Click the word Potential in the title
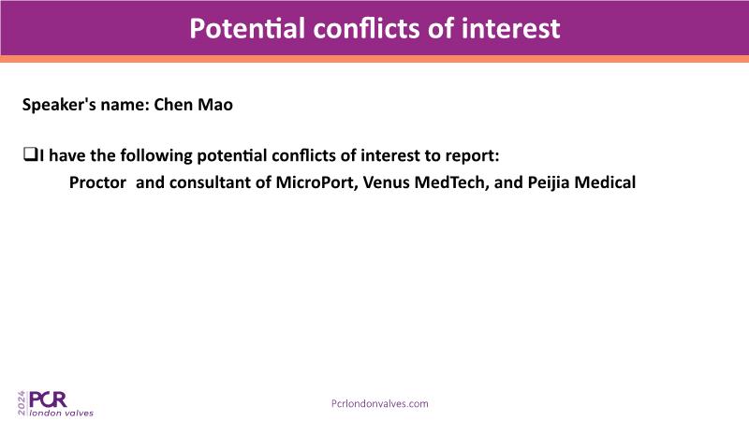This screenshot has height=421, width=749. click(x=247, y=29)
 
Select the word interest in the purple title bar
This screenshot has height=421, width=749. click(x=510, y=29)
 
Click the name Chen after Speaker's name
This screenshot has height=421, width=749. click(x=171, y=105)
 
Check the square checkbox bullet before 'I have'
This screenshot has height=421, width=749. click(x=30, y=154)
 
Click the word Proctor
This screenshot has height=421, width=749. click(x=97, y=182)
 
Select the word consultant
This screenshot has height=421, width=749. click(x=220, y=182)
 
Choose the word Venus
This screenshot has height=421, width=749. click(x=387, y=182)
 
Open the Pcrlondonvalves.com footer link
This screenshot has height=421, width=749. click(x=380, y=404)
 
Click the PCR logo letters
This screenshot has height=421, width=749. click(x=48, y=399)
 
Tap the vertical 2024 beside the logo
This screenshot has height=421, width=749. click(x=22, y=403)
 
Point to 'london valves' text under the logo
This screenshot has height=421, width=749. click(x=62, y=413)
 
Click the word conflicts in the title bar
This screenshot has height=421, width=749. click(x=368, y=29)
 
